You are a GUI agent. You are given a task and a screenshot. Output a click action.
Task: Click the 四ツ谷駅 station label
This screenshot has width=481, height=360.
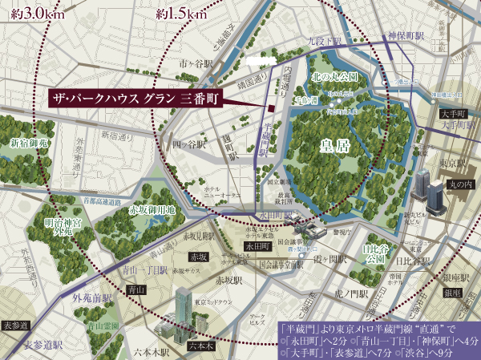[187, 144]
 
